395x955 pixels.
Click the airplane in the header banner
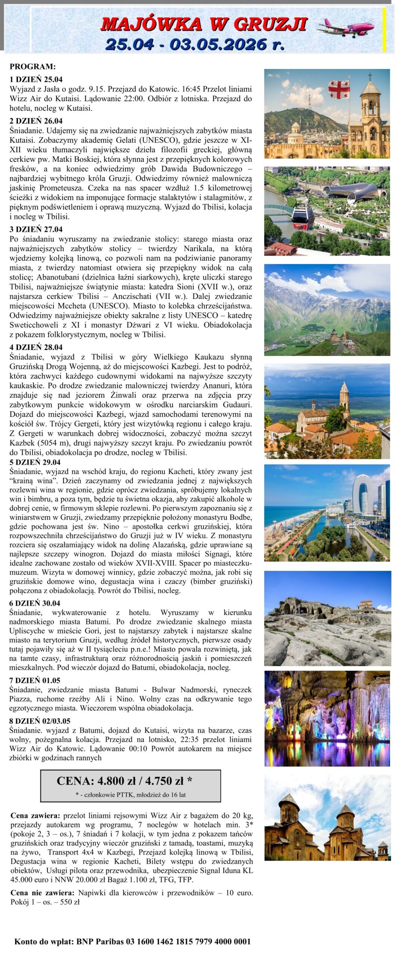pyautogui.click(x=345, y=27)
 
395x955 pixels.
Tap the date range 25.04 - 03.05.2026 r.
pyautogui.click(x=195, y=44)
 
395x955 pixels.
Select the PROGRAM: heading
pyautogui.click(x=32, y=67)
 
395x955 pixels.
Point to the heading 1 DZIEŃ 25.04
pyautogui.click(x=36, y=79)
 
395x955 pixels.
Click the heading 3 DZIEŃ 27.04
pyautogui.click(x=36, y=229)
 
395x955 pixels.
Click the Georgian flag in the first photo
pyautogui.click(x=339, y=89)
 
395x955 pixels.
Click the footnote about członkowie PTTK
pyautogui.click(x=130, y=795)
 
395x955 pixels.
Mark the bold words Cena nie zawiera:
pyautogui.click(x=42, y=893)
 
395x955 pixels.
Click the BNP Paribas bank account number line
pyautogui.click(x=133, y=941)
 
